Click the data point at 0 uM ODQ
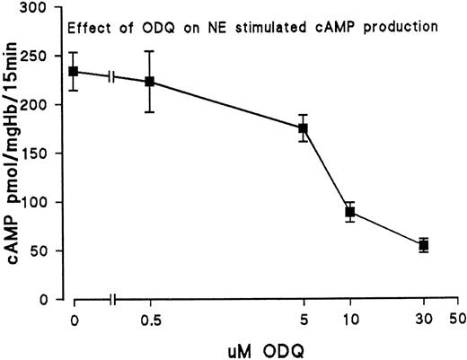[x=75, y=72]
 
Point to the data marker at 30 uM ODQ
[x=424, y=245]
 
